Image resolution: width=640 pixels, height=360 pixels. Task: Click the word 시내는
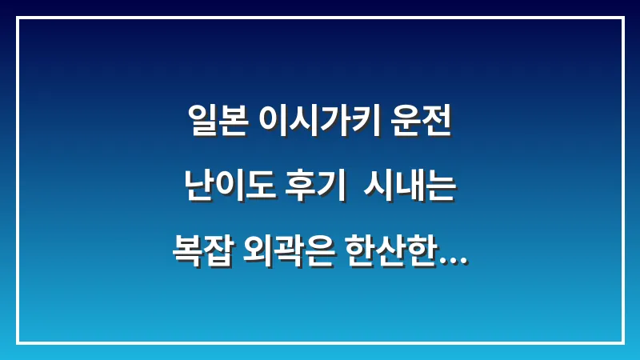(x=410, y=187)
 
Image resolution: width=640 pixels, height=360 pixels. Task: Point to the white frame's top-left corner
(x=18, y=18)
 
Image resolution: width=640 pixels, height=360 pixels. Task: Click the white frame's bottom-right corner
(x=622, y=342)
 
